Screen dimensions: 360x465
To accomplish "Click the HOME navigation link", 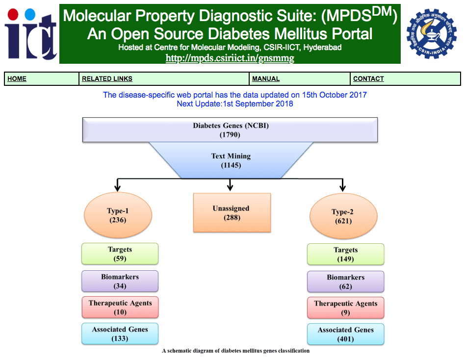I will [x=17, y=79].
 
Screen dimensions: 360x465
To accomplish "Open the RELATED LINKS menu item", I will [x=107, y=79].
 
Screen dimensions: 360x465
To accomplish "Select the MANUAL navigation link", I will [x=266, y=79].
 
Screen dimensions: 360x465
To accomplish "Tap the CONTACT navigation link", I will [x=368, y=79].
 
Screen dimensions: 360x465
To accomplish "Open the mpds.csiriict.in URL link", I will [x=230, y=58].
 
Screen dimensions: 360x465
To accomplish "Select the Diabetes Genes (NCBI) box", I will [x=230, y=130].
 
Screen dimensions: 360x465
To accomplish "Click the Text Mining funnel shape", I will [x=231, y=160].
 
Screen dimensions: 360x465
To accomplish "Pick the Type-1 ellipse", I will [x=118, y=215].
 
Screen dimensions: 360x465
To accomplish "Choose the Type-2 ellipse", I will [x=343, y=216].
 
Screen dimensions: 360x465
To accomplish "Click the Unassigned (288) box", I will [x=232, y=212].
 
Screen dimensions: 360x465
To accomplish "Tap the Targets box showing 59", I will [x=120, y=254].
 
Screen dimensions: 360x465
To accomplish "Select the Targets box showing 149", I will [x=345, y=255].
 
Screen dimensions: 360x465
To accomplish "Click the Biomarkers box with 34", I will [x=120, y=281].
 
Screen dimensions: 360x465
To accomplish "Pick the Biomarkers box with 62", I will [x=345, y=282].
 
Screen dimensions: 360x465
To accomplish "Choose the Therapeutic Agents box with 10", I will [x=120, y=308].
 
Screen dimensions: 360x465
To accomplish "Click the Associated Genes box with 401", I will [x=345, y=334].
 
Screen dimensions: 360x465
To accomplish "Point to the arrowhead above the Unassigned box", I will [x=230, y=187].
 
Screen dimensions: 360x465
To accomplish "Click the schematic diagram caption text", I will [x=235, y=351].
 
